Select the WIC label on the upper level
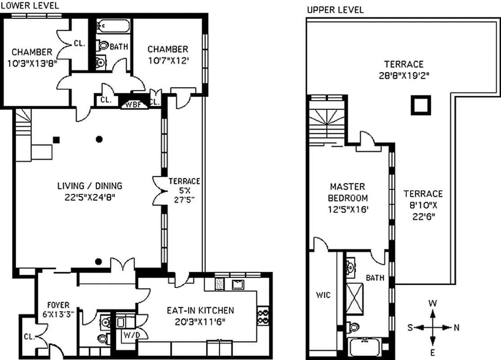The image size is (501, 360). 323,295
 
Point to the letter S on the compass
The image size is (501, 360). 410,328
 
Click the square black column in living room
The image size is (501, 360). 56,139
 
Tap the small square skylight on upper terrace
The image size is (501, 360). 421,105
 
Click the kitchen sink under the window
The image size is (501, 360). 237,284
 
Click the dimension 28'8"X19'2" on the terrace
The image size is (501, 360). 403,75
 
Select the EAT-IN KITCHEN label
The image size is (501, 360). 200,310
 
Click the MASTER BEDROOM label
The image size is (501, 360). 348,192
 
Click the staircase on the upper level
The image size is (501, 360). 326,121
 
